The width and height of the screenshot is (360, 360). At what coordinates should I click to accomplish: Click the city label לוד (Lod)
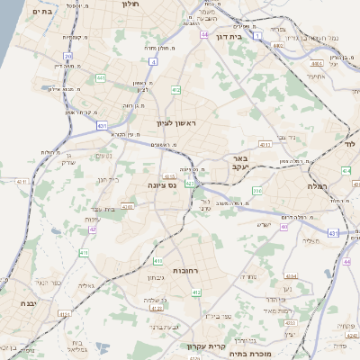350,143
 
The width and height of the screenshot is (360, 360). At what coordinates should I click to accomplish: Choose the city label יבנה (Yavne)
16,304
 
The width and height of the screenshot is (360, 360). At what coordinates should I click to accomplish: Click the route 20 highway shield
67,57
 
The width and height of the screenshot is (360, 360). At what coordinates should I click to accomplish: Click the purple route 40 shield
283,227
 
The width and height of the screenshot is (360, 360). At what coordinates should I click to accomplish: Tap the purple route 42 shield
93,229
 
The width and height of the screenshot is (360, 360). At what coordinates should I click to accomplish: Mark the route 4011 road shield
265,144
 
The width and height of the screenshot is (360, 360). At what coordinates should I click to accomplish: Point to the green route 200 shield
256,191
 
